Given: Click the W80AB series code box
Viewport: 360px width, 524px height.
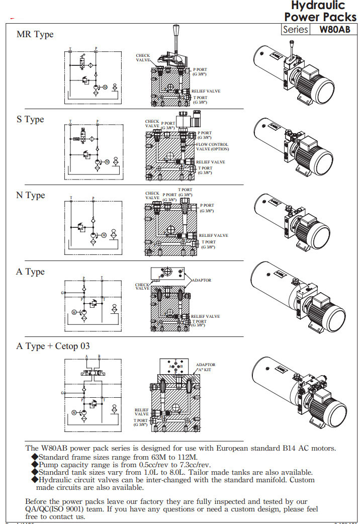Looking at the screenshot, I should point(334,29).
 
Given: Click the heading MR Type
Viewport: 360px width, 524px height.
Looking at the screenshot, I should point(35,35).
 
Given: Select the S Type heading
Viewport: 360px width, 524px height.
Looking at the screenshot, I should point(30,119).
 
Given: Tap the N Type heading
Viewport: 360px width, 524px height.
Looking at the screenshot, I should point(31,195).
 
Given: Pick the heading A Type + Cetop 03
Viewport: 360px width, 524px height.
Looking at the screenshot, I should point(53,346).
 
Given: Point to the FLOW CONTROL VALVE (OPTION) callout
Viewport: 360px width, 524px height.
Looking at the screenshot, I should point(212,147).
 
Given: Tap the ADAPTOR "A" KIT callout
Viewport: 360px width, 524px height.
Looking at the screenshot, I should point(206,367).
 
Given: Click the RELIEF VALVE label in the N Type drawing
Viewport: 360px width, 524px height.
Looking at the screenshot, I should point(213,235).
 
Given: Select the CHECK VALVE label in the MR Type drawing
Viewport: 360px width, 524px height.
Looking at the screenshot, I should point(143,58).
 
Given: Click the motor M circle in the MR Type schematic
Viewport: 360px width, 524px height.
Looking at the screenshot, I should point(106,88).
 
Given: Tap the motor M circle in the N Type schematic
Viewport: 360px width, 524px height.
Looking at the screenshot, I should point(104,235).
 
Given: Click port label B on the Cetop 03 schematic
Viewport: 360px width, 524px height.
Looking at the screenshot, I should point(99,357).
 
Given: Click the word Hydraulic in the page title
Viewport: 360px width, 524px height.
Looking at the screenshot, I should point(318,6).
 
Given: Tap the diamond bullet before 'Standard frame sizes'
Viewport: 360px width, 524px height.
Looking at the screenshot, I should point(35,457).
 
